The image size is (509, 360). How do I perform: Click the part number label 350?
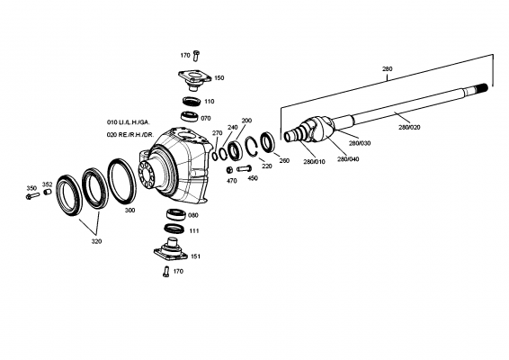tap(31, 188)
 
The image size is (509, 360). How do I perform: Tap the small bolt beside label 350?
tap(32, 196)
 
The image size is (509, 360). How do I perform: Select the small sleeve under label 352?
tap(48, 192)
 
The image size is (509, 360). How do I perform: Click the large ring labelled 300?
tap(122, 181)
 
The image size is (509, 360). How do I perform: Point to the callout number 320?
tap(96, 241)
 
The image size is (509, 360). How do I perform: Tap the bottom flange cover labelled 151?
tap(171, 250)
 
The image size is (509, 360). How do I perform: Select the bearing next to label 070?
tap(190, 116)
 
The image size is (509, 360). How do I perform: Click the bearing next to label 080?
tap(176, 214)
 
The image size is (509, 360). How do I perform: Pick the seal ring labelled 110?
tap(192, 102)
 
